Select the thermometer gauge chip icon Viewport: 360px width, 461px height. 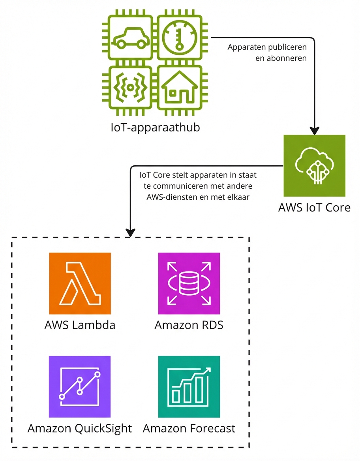180,38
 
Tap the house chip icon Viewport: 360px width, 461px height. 180,88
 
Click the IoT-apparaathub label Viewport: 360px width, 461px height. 155,128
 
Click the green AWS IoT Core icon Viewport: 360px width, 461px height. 314,166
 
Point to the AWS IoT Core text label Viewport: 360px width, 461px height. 314,208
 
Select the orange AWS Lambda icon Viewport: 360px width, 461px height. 80,283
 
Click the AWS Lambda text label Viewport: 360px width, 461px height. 80,325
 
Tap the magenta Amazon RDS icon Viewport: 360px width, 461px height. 189,283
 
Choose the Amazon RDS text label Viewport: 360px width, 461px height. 189,325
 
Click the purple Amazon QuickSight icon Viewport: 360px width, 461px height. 80,387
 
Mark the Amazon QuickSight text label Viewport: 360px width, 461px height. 80,429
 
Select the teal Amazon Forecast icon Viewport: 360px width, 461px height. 189,387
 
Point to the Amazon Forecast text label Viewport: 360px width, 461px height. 189,429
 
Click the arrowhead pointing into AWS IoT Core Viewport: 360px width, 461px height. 314,130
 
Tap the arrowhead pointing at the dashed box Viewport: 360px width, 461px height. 130,233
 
